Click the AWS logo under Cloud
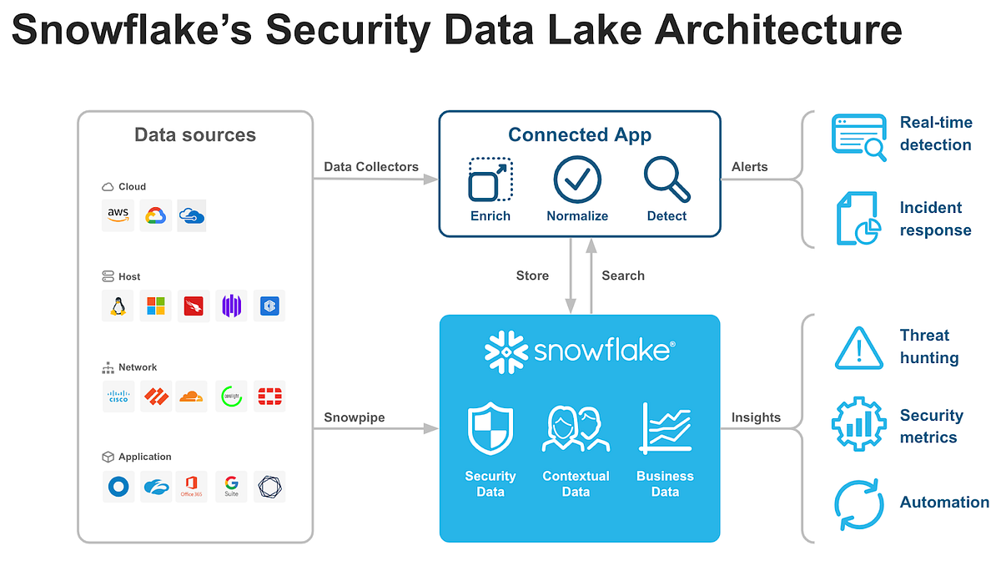coord(118,215)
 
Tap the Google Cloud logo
coord(154,215)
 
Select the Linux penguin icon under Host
coord(118,306)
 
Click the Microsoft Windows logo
coord(155,306)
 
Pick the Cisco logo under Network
coord(118,397)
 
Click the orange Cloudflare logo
coord(192,397)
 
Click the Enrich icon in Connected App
coord(490,179)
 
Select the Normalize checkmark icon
coord(577,179)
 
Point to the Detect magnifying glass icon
coord(666,179)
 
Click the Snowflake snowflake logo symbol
coord(506,351)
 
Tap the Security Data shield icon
coord(490,428)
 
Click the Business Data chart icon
coord(665,428)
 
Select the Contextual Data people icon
coord(576,428)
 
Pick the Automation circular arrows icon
coord(858,503)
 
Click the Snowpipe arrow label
coord(354,417)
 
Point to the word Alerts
coord(749,167)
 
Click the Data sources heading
coord(195,135)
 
